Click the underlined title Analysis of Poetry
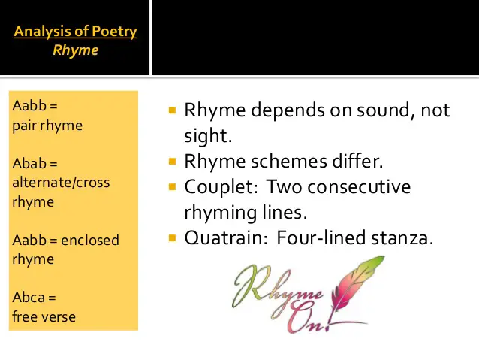tap(76, 32)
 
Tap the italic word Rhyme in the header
tap(76, 50)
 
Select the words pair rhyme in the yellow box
tap(47, 126)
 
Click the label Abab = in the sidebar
tap(35, 164)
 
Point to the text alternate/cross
tap(61, 183)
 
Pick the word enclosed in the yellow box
tap(90, 240)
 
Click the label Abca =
tap(34, 298)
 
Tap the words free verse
tap(44, 316)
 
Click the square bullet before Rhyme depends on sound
tap(172, 110)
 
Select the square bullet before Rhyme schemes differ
tap(172, 161)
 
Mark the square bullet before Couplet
tap(172, 186)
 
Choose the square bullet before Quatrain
tap(172, 237)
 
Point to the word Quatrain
tap(226, 238)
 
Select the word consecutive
tap(359, 187)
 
